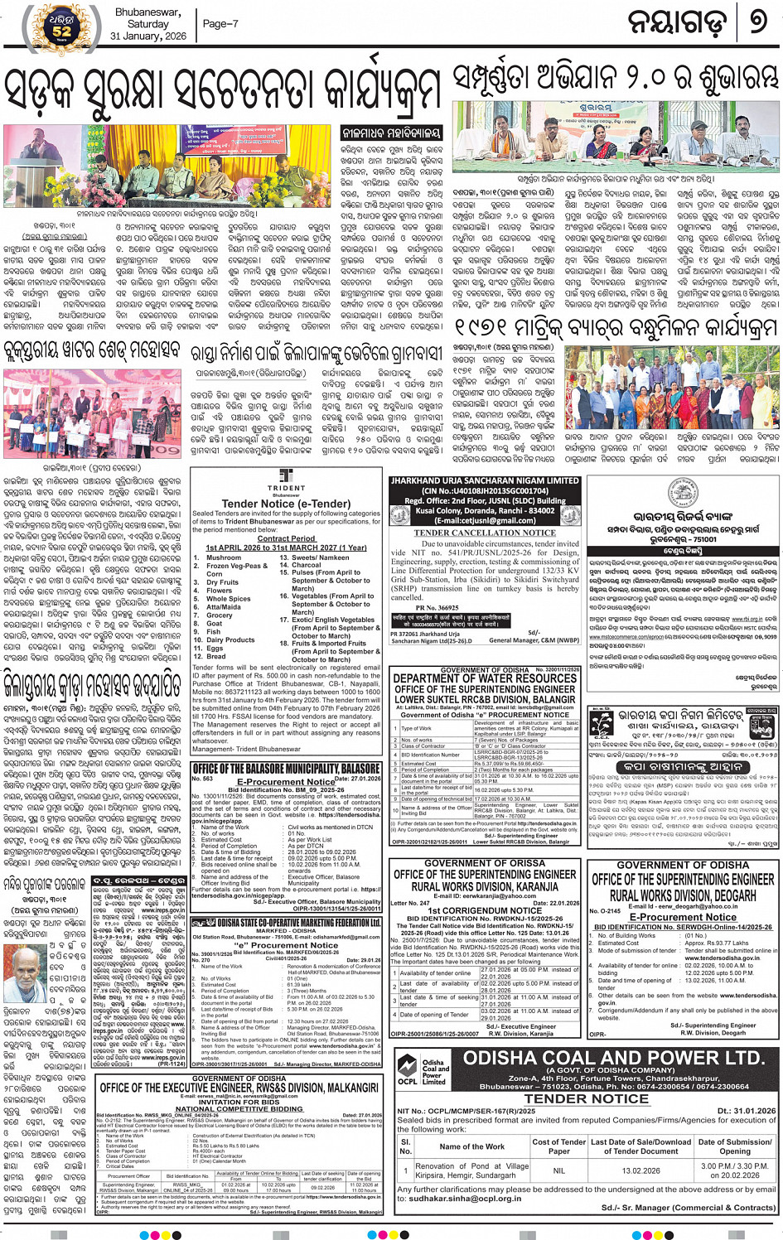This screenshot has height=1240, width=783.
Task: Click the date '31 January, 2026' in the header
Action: click(x=148, y=36)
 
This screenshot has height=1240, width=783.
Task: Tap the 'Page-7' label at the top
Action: click(x=220, y=24)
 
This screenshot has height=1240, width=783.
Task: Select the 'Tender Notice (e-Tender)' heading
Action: click(x=286, y=504)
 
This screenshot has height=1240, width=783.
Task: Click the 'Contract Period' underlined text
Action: click(x=286, y=538)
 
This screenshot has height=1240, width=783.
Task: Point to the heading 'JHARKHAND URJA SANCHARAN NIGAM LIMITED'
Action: click(x=485, y=481)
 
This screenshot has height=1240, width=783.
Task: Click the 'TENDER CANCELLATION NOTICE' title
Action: click(x=485, y=533)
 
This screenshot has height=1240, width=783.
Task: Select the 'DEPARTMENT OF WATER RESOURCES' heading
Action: click(x=485, y=678)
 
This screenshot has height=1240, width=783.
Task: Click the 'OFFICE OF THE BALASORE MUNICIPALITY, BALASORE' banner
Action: click(x=286, y=769)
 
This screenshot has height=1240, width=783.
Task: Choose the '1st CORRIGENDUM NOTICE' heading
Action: click(x=485, y=910)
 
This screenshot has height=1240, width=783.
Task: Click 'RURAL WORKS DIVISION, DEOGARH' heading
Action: click(x=684, y=895)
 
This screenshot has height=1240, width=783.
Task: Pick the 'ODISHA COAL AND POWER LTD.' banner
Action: click(x=613, y=1058)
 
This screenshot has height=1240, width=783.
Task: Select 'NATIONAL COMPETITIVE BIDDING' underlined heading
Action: click(x=239, y=1108)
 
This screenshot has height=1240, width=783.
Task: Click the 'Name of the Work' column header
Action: click(x=471, y=1146)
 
